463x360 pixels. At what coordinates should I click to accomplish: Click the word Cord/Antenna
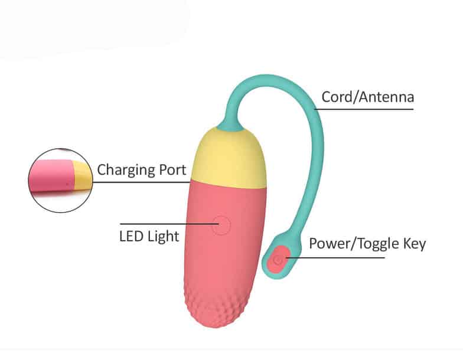click(x=367, y=97)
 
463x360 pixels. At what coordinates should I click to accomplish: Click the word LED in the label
click(x=131, y=237)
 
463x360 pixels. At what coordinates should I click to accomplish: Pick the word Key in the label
click(x=413, y=244)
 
